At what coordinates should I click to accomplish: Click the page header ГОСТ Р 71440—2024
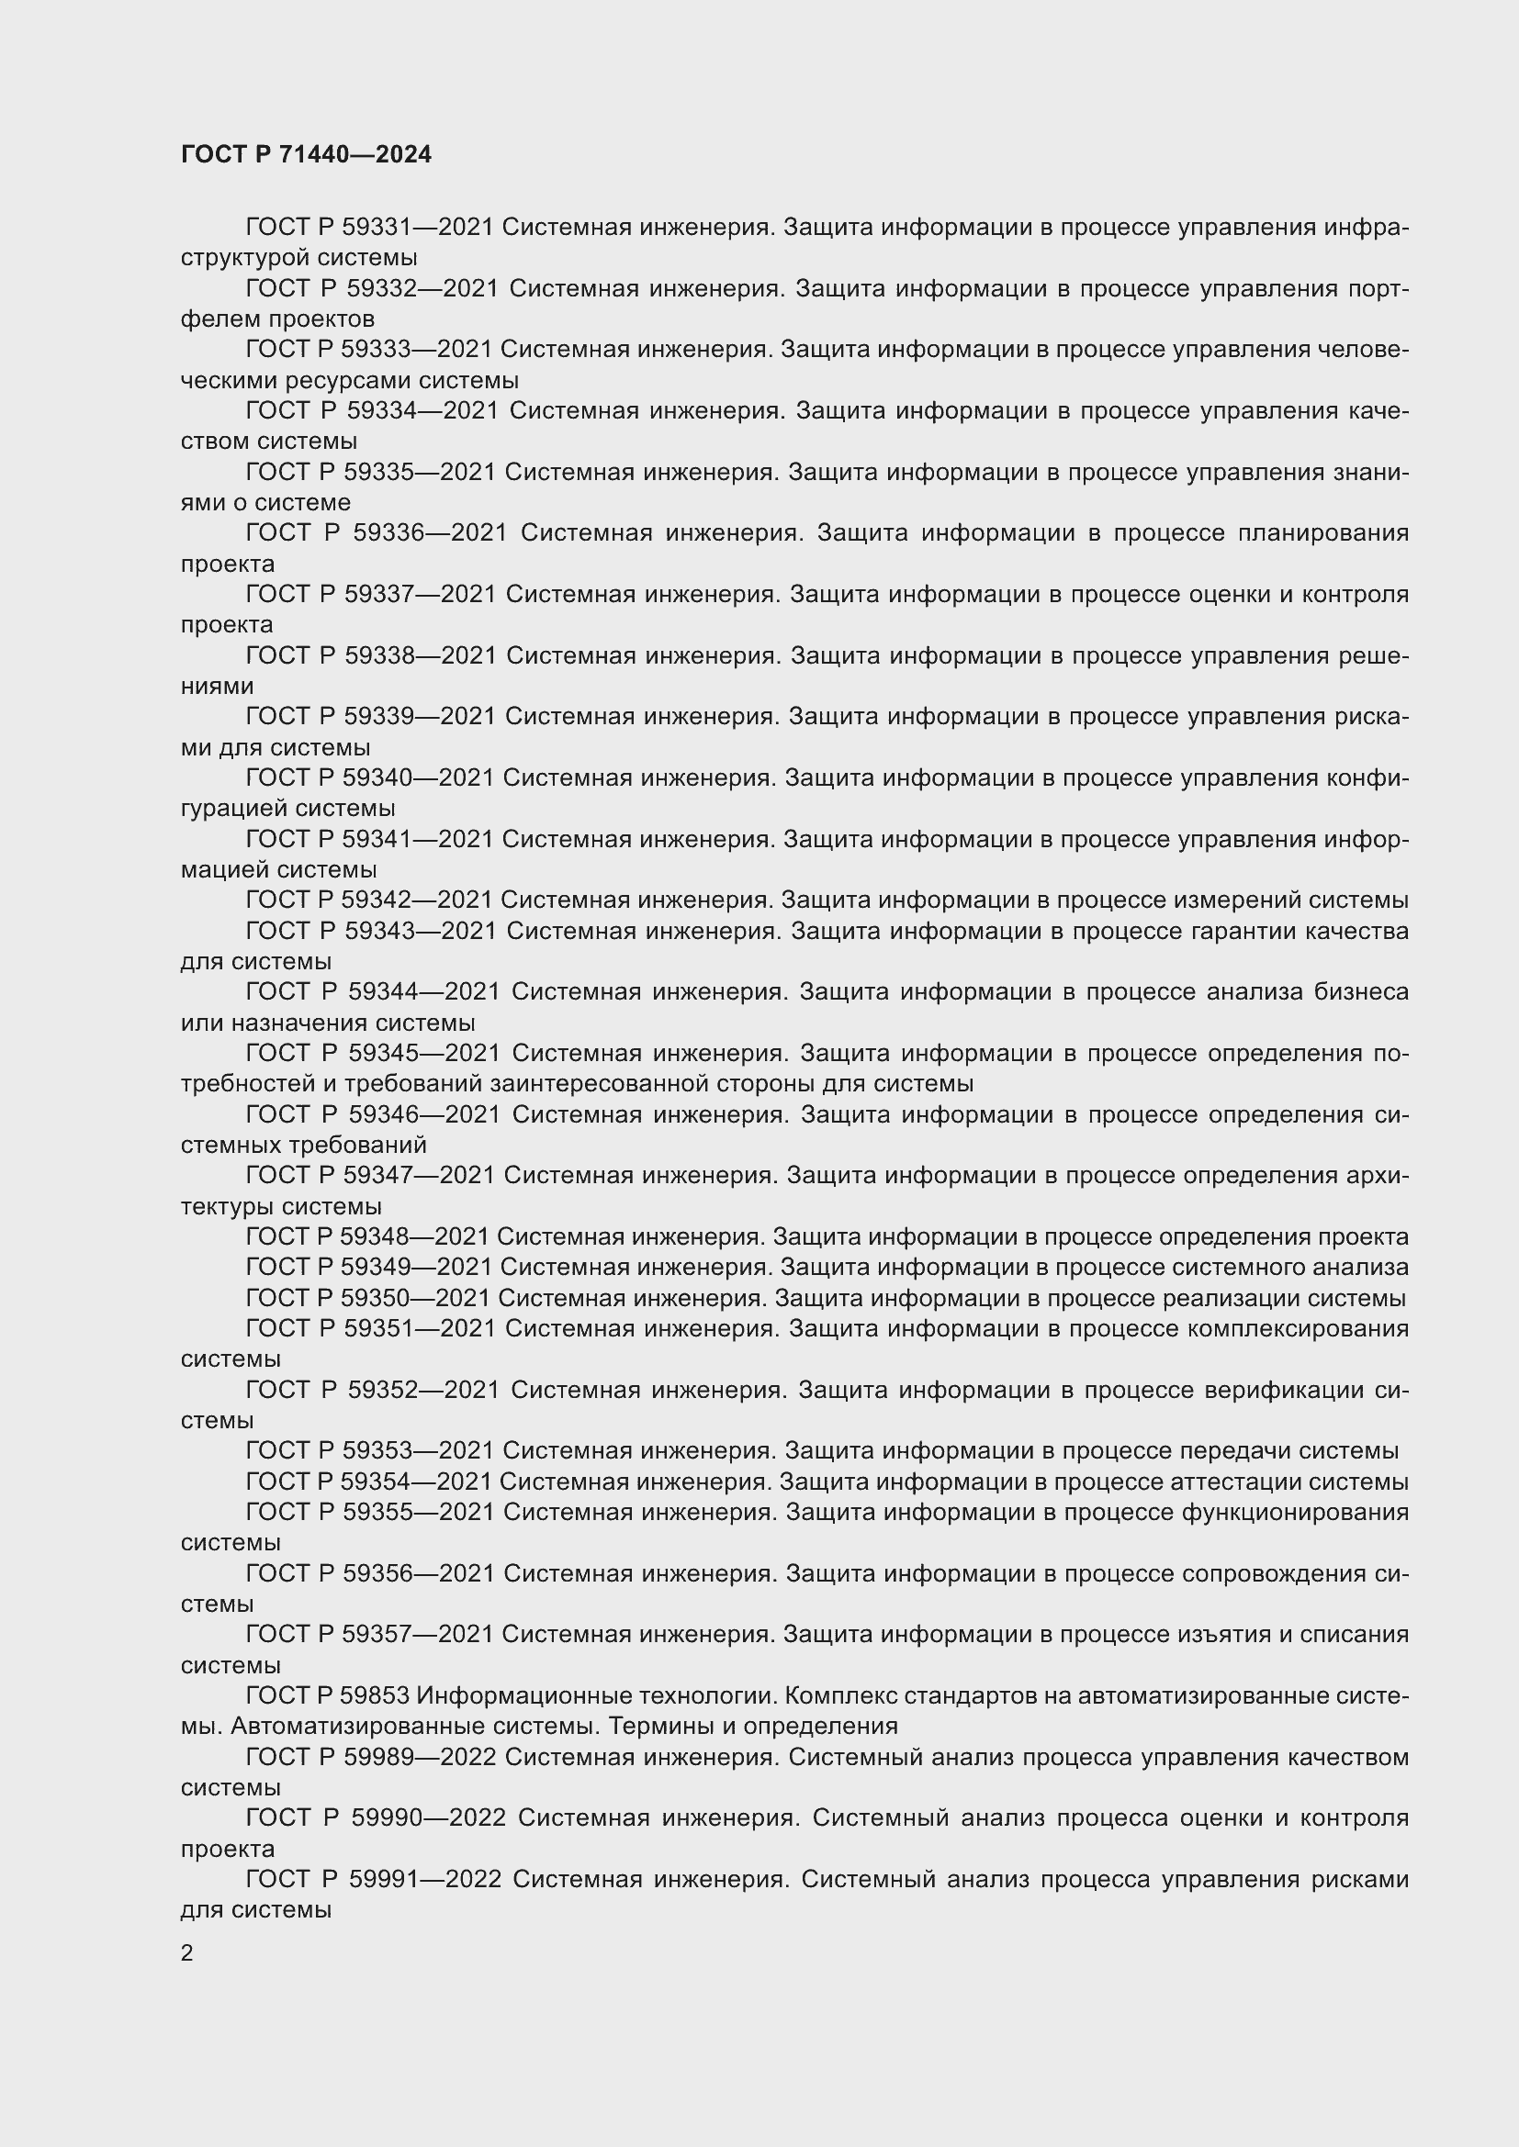pos(306,154)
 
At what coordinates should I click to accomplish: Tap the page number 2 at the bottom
pos(187,1952)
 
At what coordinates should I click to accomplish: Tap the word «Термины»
pos(668,1727)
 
